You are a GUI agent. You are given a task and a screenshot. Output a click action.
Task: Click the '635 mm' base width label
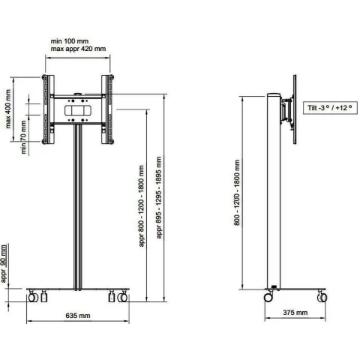click(78, 316)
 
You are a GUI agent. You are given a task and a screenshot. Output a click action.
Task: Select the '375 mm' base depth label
click(295, 313)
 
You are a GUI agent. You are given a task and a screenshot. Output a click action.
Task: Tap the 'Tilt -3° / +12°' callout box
click(330, 108)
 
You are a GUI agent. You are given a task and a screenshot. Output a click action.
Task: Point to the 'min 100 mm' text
click(70, 41)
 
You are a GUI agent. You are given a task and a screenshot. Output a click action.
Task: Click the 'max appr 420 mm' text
click(78, 49)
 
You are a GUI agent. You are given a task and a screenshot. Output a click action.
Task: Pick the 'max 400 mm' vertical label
click(8, 109)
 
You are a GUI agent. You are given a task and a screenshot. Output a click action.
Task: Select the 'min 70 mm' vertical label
click(23, 137)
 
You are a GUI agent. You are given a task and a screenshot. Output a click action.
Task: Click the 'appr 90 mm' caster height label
click(4, 263)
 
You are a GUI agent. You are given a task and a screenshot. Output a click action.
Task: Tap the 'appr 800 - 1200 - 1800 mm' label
click(142, 205)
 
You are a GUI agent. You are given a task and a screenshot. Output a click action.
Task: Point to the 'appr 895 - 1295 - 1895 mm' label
click(159, 197)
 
